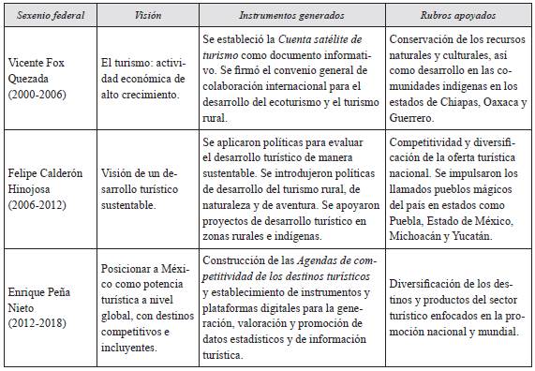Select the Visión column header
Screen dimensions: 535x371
[x=149, y=16]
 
